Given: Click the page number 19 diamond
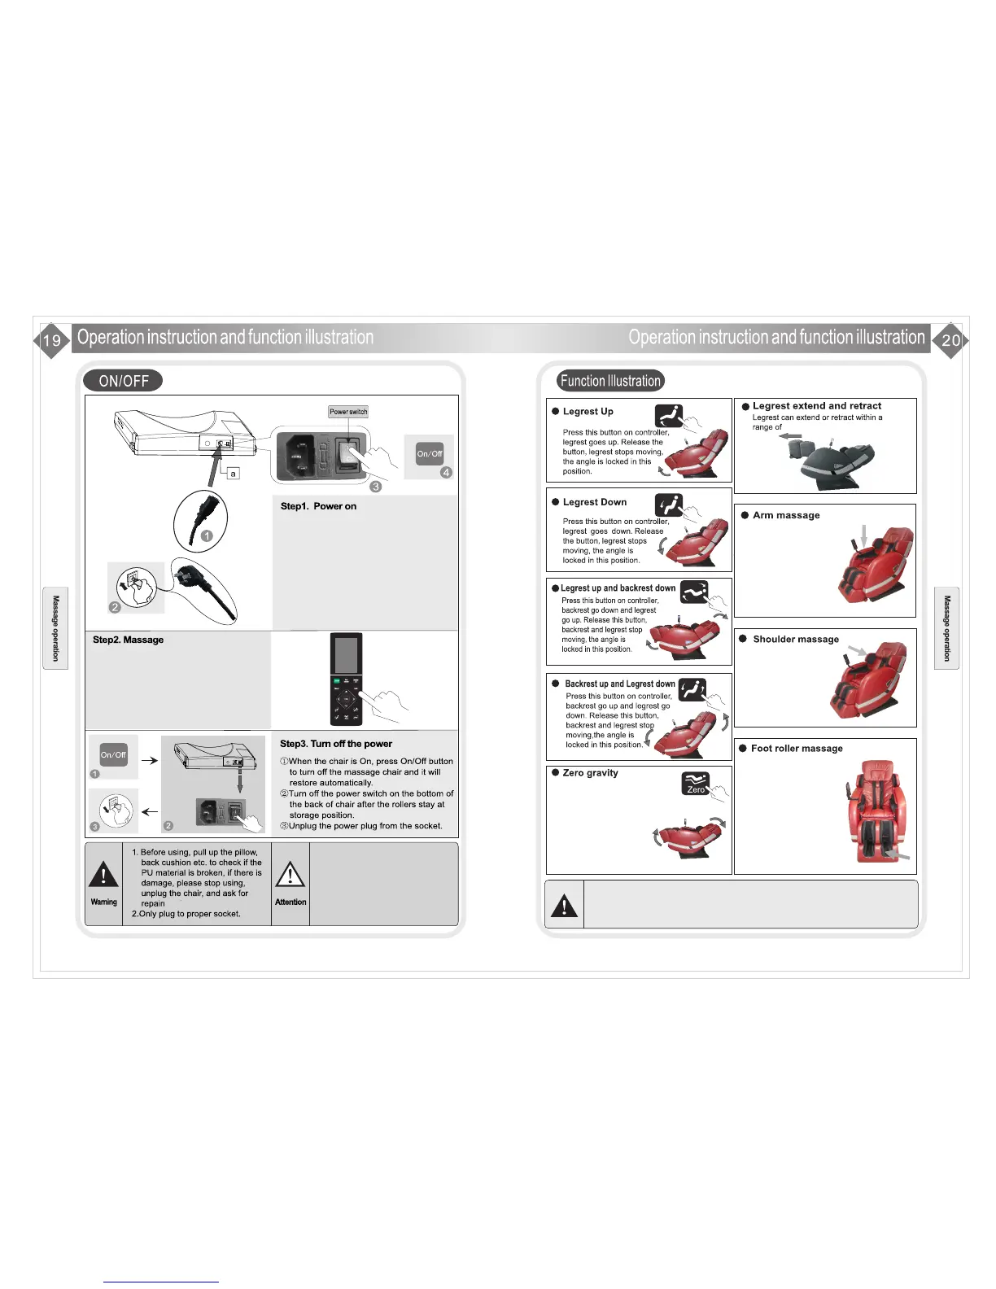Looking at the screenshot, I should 51,340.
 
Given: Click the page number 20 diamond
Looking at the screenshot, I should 950,340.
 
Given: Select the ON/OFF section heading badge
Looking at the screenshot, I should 123,381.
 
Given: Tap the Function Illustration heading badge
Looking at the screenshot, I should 610,381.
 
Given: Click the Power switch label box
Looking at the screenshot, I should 348,412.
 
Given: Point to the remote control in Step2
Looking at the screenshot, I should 346,679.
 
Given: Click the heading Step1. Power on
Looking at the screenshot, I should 318,506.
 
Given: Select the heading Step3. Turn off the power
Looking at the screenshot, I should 336,744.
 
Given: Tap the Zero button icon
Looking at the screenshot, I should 696,783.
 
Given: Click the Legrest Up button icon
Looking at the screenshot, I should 669,416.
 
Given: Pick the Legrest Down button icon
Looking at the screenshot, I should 669,505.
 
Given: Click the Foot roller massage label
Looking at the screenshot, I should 797,749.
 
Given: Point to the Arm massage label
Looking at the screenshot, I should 786,515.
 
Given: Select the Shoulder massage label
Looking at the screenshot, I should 796,640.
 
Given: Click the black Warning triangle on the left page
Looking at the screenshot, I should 103,876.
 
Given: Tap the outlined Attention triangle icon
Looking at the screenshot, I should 290,875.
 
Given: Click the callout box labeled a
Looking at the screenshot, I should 233,473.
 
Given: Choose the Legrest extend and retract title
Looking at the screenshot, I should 816,406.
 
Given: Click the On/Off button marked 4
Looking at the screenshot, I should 430,453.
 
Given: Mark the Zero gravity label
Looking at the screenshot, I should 590,773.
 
